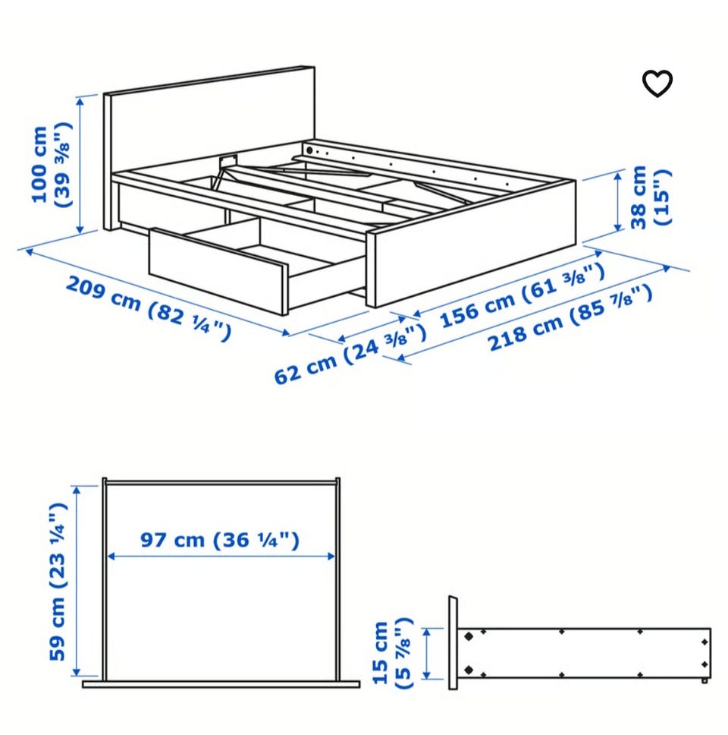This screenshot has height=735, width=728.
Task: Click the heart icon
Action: click(657, 84)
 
